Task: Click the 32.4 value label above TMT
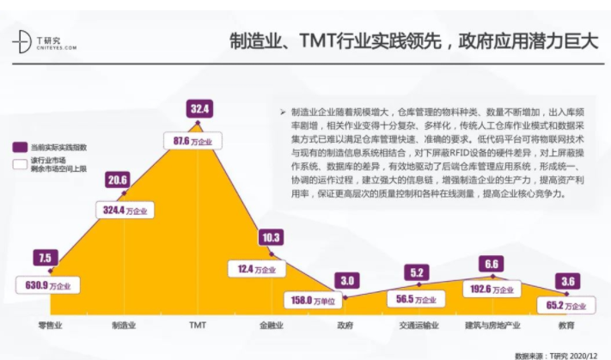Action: pos(200,109)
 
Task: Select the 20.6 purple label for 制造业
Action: pos(118,180)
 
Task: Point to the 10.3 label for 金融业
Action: pos(272,236)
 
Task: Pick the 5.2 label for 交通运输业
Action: pos(416,272)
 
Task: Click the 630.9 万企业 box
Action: pos(49,285)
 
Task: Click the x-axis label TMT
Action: pos(198,326)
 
